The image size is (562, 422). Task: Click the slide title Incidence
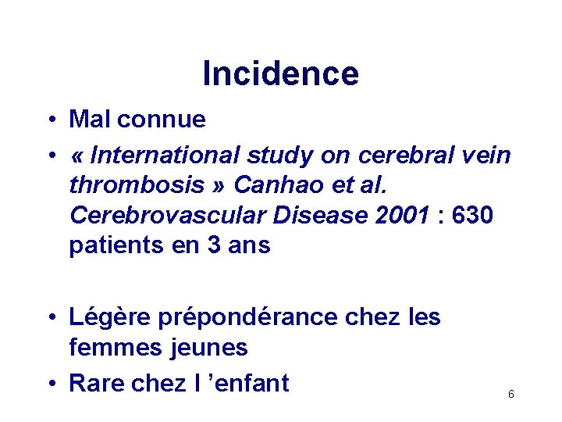(280, 73)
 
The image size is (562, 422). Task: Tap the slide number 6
(511, 395)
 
